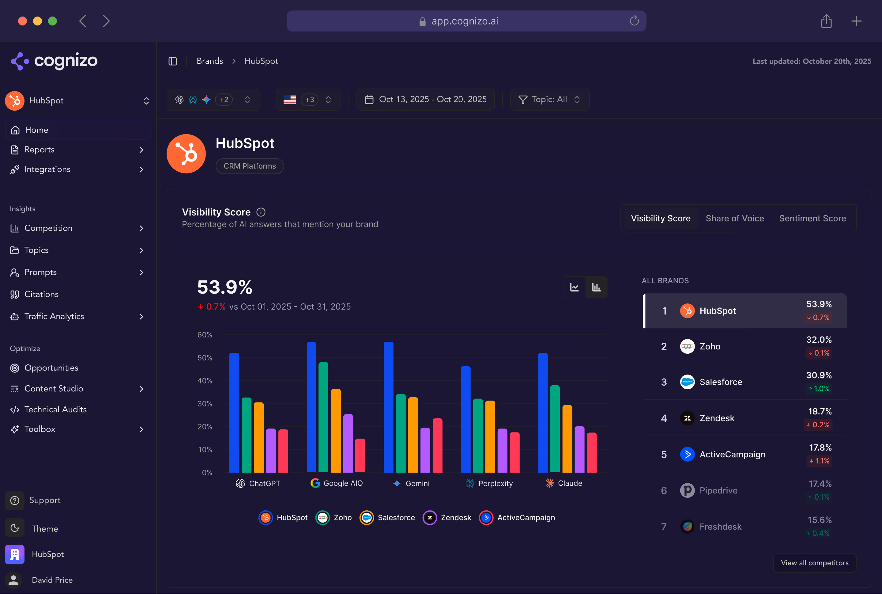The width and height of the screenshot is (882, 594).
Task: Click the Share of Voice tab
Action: point(734,218)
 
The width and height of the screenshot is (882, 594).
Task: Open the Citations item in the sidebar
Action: point(41,294)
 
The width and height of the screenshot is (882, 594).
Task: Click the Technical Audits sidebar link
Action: point(55,409)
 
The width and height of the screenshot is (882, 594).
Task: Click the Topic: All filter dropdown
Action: point(549,99)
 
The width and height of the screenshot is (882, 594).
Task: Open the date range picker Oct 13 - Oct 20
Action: point(425,99)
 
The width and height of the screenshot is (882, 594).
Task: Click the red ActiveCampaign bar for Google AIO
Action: point(360,455)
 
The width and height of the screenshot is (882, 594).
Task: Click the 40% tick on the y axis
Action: point(205,381)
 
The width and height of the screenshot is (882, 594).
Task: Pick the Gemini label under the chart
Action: point(417,483)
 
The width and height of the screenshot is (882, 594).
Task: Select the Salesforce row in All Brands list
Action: point(744,382)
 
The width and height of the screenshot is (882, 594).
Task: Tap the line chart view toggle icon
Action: point(574,287)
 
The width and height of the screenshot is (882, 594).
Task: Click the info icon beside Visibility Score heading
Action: point(261,212)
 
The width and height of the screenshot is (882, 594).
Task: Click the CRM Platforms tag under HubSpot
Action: point(250,166)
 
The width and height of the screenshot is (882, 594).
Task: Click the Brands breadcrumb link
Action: point(210,61)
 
